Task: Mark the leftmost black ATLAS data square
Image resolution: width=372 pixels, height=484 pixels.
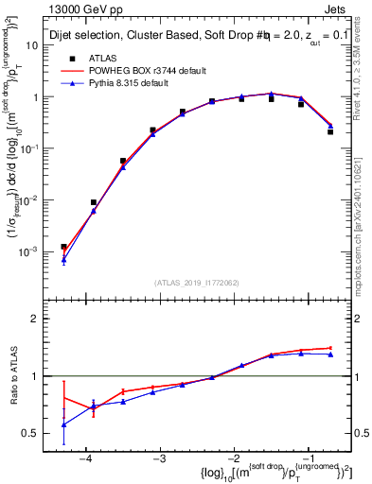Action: click(63, 247)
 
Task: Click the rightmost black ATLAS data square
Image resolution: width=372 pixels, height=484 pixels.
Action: click(330, 131)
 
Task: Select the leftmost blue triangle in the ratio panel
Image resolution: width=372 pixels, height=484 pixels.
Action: click(63, 424)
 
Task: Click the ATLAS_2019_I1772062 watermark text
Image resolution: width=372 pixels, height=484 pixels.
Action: click(197, 283)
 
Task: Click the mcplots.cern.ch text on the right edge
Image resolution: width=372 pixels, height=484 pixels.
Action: click(363, 217)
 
